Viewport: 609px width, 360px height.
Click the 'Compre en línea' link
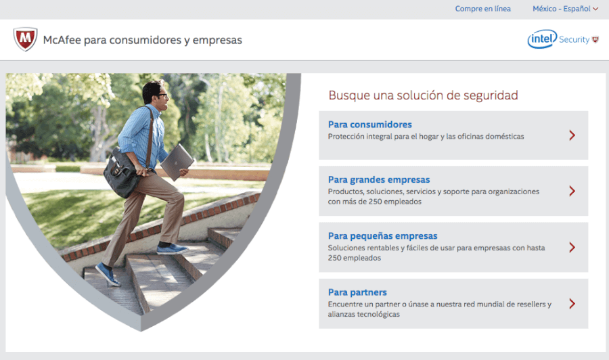[482, 9]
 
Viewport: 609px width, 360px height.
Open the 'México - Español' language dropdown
[565, 9]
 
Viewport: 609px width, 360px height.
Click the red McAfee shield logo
[25, 39]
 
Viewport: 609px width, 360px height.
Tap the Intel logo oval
[542, 39]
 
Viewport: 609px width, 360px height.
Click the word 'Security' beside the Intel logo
[574, 40]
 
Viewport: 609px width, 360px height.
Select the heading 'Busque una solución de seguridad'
[423, 95]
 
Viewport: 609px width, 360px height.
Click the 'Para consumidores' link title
[369, 125]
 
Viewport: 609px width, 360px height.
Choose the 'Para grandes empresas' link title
[379, 179]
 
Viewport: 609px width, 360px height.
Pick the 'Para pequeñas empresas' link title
[382, 235]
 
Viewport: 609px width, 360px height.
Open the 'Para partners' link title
[357, 292]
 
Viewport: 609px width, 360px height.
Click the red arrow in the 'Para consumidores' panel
[572, 135]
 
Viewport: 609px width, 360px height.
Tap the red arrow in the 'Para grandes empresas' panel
[572, 191]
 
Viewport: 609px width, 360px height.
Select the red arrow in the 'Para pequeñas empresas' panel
[572, 248]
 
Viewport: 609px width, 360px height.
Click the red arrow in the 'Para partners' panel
[572, 304]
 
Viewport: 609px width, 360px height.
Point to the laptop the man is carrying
[177, 162]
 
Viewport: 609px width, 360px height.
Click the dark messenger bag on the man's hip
[122, 175]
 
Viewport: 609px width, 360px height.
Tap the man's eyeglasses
[162, 95]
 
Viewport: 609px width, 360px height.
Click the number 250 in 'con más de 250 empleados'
[376, 202]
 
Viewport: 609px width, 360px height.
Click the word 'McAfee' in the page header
[62, 40]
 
